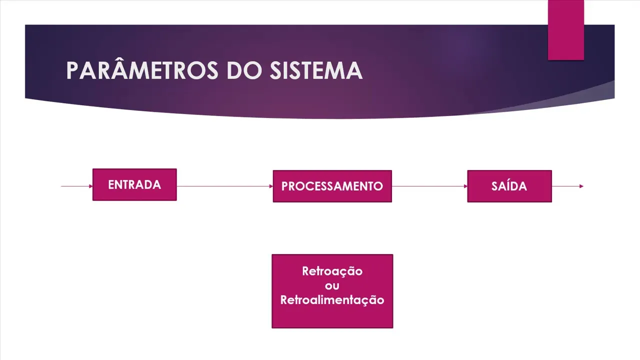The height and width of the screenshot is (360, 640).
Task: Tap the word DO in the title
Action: click(244, 70)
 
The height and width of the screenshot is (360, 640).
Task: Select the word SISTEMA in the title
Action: click(316, 70)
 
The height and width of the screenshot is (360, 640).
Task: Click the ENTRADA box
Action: click(134, 184)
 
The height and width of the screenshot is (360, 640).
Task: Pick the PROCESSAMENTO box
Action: click(332, 186)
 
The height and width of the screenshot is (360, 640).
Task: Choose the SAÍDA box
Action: click(509, 186)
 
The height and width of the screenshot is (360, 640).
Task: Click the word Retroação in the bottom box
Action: click(332, 271)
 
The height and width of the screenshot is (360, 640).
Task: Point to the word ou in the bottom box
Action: click(332, 286)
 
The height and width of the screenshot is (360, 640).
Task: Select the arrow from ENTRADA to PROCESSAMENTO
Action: click(225, 186)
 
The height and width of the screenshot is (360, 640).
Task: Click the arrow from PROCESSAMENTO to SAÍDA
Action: click(429, 186)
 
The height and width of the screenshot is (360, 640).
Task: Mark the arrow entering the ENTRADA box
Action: click(77, 186)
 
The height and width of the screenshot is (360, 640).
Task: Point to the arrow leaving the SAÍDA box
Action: click(567, 186)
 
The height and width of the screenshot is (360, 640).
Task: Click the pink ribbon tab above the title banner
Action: click(565, 30)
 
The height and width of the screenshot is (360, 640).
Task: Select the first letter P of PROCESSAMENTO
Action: click(285, 186)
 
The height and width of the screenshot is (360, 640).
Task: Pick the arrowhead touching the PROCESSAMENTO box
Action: click(271, 186)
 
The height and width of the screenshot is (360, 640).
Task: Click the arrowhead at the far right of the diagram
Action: click(581, 186)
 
